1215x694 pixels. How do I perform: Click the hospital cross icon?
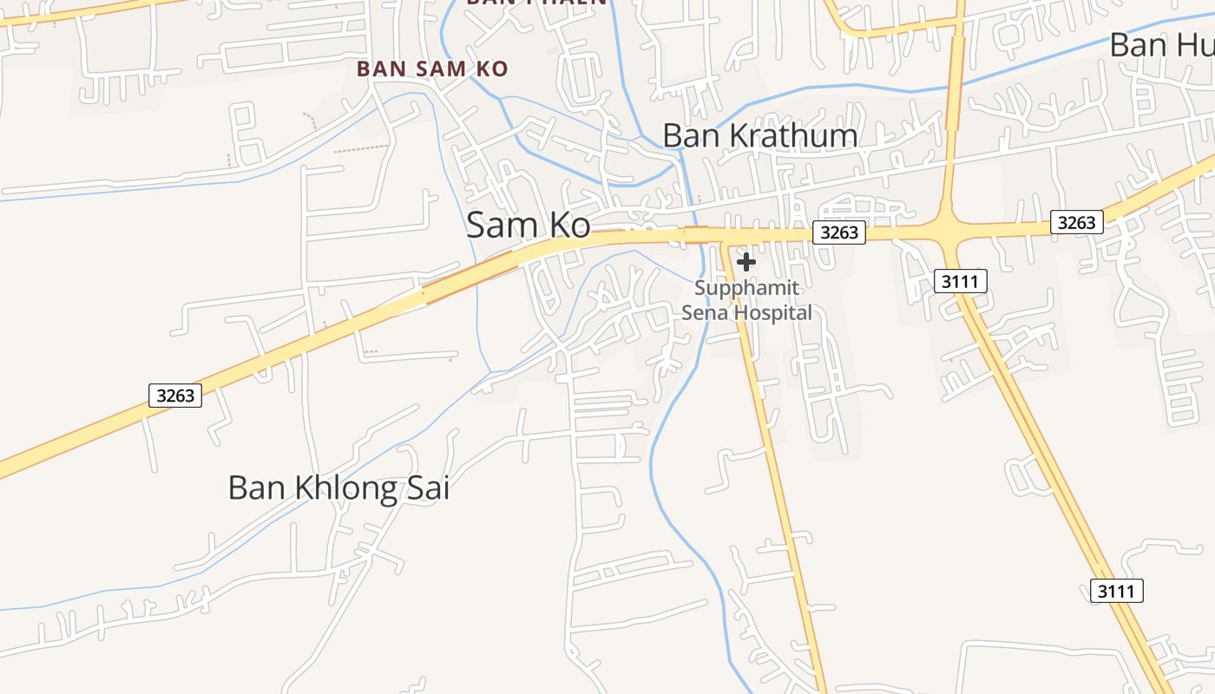745,261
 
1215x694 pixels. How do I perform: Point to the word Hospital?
771,312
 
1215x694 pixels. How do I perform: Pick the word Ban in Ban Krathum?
691,136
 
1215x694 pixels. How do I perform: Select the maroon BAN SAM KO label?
432,69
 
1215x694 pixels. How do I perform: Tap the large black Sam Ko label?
528,226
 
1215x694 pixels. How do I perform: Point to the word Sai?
428,488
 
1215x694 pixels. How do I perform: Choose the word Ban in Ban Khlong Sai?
257,488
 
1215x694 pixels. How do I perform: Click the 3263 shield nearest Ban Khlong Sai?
175,396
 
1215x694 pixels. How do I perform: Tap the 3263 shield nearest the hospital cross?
839,232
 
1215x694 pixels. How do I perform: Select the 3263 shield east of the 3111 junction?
1076,222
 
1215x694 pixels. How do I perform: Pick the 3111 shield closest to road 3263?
961,281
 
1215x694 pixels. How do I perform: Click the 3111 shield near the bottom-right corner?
1116,591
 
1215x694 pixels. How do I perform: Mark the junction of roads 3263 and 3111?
949,231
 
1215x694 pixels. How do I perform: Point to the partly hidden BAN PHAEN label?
535,3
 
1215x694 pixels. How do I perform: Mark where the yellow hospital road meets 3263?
726,239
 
